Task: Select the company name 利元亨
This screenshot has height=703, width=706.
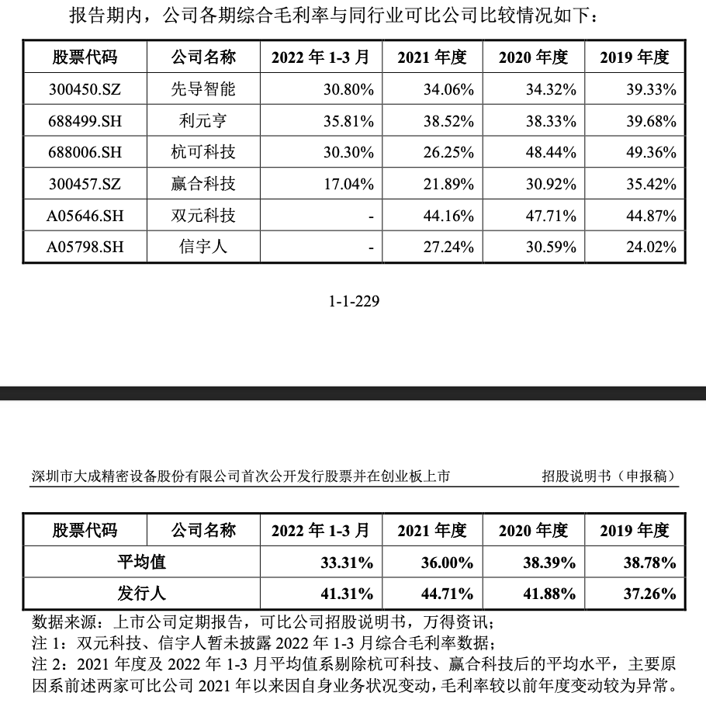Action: tap(203, 121)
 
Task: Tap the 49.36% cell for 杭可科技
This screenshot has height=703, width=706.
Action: tap(651, 153)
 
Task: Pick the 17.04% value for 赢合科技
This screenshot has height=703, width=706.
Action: tap(348, 185)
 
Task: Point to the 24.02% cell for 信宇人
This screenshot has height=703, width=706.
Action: tap(651, 248)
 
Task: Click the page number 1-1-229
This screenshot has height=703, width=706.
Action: tap(355, 301)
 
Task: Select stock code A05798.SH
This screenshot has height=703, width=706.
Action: tap(85, 248)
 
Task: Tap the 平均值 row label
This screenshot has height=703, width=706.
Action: tap(141, 562)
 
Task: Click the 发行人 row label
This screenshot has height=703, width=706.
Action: tap(141, 594)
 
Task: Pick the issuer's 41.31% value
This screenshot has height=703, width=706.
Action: tap(348, 594)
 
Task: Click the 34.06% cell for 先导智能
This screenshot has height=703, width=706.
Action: tap(448, 89)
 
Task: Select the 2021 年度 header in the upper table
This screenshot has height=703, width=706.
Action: tap(432, 57)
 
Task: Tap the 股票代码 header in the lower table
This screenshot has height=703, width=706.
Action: tap(85, 531)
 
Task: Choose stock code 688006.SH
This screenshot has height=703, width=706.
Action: tap(85, 153)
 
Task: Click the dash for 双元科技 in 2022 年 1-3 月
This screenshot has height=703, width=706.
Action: tap(371, 216)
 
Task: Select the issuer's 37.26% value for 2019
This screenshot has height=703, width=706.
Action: tap(651, 594)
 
